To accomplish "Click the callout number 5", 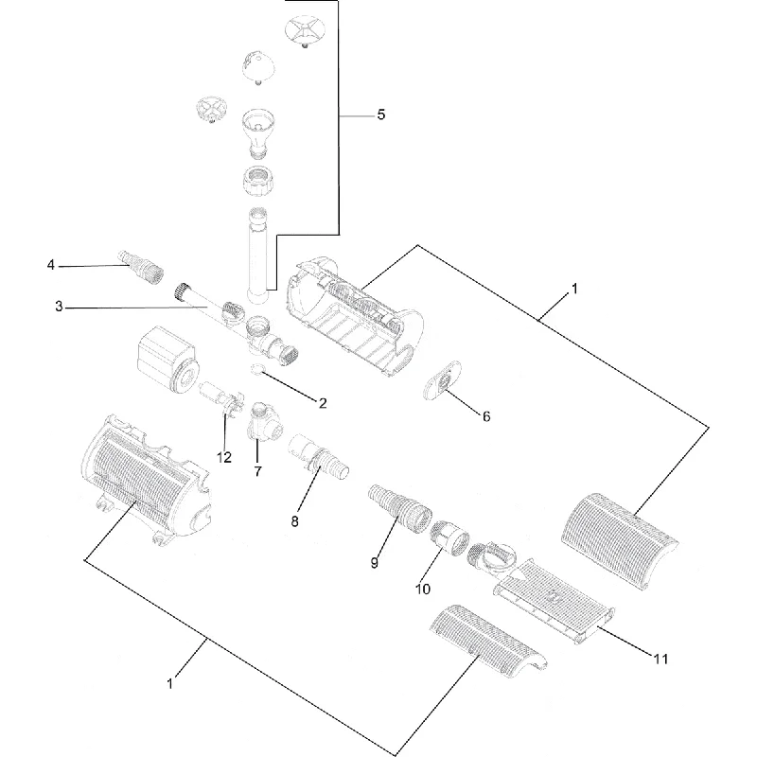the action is click(381, 114).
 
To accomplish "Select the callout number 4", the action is click(51, 265).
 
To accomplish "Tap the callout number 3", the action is click(59, 307).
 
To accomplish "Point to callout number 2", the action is click(323, 403).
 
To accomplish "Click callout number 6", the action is click(486, 416).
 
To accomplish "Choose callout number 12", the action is click(224, 457).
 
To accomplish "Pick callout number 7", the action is click(257, 471).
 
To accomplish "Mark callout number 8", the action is click(294, 521).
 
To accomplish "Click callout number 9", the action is click(375, 563).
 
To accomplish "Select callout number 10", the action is click(422, 589).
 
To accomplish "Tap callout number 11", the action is click(660, 659).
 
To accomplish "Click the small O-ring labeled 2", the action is click(257, 370).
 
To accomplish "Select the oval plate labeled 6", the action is click(442, 380).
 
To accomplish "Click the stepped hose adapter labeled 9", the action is click(399, 511).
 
